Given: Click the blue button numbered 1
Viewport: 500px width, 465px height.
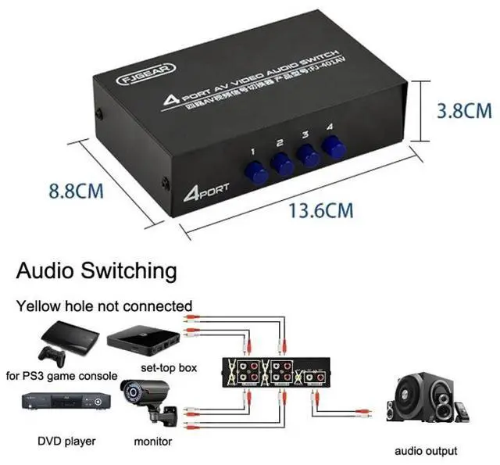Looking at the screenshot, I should (254, 170).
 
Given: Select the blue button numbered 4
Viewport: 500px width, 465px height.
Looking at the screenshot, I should (334, 146).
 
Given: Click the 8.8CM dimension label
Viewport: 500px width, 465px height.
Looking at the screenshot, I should (77, 191).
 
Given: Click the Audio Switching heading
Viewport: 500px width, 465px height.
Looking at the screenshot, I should (97, 271).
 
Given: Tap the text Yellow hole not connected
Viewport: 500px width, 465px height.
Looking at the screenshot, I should (105, 306).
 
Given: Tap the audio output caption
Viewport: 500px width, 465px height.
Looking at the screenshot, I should (426, 451).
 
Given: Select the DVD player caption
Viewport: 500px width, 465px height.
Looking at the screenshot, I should (66, 442).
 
